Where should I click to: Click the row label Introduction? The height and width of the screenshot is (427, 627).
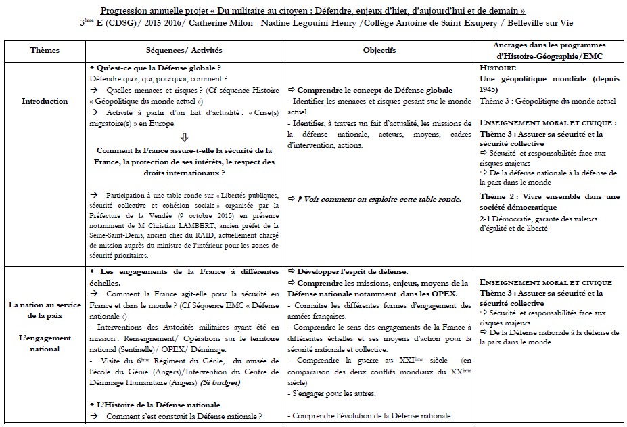click(45, 101)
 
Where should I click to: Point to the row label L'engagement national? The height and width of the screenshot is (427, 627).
click(45, 343)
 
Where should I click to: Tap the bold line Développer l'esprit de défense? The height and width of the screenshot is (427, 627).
click(348, 271)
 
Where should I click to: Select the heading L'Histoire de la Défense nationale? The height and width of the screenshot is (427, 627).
click(156, 404)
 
